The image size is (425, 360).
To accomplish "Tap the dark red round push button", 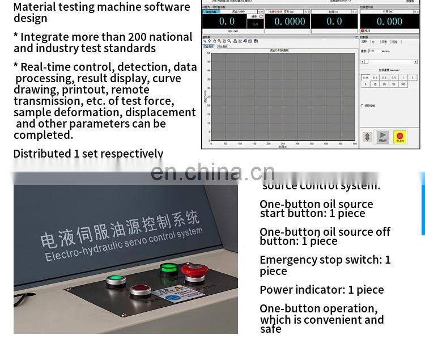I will pos(141,291).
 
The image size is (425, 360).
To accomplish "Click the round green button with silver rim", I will pos(116,280).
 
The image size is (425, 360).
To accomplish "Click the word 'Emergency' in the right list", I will pos(288,260).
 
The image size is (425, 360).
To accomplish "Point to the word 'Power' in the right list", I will pos(277,290).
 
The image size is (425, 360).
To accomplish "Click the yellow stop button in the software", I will pos(400,137).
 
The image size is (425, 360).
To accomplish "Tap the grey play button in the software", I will pos(383,137).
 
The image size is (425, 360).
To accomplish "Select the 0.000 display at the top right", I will pos(390,22).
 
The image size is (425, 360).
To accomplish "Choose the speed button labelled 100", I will pos(403,84).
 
